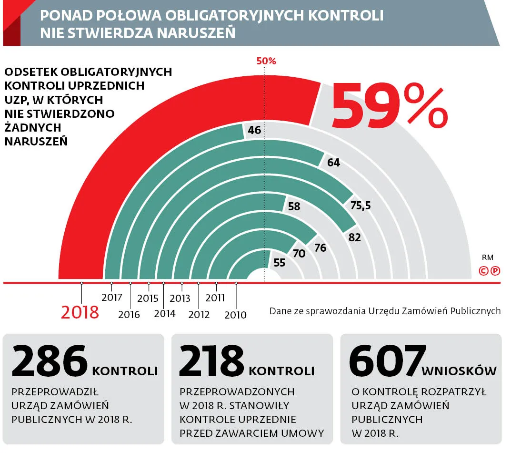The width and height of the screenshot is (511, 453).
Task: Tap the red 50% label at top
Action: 266,61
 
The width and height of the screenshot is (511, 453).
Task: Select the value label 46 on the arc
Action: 255,130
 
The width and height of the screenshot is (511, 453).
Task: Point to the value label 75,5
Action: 361,206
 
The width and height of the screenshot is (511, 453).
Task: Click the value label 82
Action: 355,237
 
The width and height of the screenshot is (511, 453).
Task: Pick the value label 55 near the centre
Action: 280,262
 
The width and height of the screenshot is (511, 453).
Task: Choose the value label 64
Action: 334,163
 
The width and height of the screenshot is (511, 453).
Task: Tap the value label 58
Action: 294,206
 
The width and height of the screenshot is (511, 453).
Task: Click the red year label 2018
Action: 80,312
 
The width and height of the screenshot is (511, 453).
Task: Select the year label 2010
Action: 235,315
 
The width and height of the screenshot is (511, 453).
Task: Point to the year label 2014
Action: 165,313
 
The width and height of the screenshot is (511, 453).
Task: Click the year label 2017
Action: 112,298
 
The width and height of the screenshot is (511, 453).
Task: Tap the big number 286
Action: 50,361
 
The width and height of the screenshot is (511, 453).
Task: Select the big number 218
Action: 212,361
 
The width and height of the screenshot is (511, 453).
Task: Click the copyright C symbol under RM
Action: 483,271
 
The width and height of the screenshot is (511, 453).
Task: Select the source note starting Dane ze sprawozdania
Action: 385,311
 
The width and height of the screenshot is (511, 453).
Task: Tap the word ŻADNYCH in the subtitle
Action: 33,127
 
